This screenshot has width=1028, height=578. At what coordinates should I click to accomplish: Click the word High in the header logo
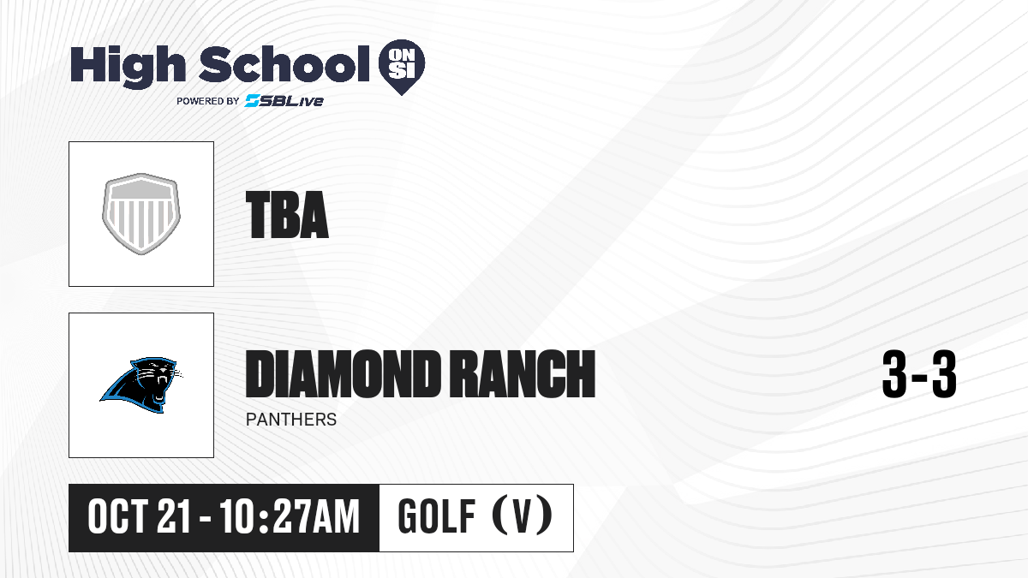(x=128, y=67)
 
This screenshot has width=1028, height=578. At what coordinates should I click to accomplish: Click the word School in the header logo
(x=284, y=64)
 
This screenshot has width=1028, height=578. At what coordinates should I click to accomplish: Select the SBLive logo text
(x=284, y=101)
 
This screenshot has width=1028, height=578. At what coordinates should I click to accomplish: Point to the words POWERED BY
(x=208, y=101)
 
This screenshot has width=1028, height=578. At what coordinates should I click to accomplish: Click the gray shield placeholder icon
(x=141, y=214)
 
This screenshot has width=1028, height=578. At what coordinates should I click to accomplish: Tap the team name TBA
(x=287, y=215)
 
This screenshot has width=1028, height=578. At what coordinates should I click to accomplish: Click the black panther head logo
(x=141, y=384)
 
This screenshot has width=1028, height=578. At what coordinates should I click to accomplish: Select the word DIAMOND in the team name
(x=342, y=373)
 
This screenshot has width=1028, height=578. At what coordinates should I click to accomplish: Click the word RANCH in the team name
(x=522, y=373)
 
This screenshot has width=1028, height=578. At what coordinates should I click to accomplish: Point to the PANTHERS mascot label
(x=291, y=420)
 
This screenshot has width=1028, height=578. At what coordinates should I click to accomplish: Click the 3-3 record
(x=919, y=374)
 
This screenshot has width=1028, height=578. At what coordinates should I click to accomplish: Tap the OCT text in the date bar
(x=117, y=517)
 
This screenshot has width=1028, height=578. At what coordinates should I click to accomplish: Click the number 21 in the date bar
(x=173, y=517)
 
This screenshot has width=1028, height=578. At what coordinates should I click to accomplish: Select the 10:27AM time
(x=290, y=517)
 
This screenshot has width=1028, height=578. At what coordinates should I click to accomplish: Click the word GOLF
(x=436, y=517)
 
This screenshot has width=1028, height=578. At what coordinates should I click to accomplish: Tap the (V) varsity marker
(x=523, y=516)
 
